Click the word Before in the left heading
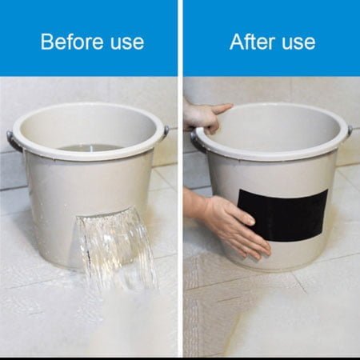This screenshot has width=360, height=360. point(72,42)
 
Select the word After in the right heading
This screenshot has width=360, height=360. point(252,42)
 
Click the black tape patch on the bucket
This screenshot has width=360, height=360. point(282,215)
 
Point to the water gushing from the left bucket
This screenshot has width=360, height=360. point(118,248)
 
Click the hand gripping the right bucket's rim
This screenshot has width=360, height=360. point(205,118)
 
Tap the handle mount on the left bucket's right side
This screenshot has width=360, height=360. point(166,131)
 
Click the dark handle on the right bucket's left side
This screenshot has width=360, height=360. point(197,142)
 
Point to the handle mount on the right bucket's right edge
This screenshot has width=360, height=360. point(350,131)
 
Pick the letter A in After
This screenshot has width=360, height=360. point(237,42)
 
